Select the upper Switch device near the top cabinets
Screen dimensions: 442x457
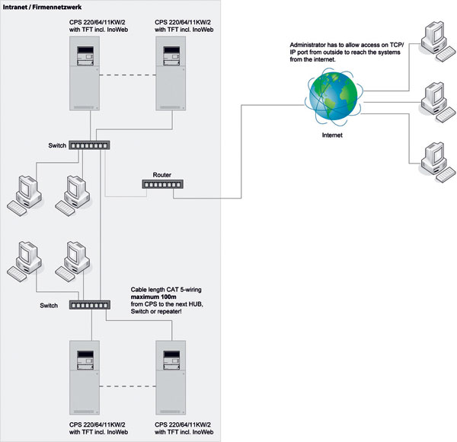coord(91,145)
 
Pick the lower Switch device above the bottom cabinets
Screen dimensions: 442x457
coord(91,304)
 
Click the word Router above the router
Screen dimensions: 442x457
coord(162,174)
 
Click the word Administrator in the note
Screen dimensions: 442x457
coord(302,47)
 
